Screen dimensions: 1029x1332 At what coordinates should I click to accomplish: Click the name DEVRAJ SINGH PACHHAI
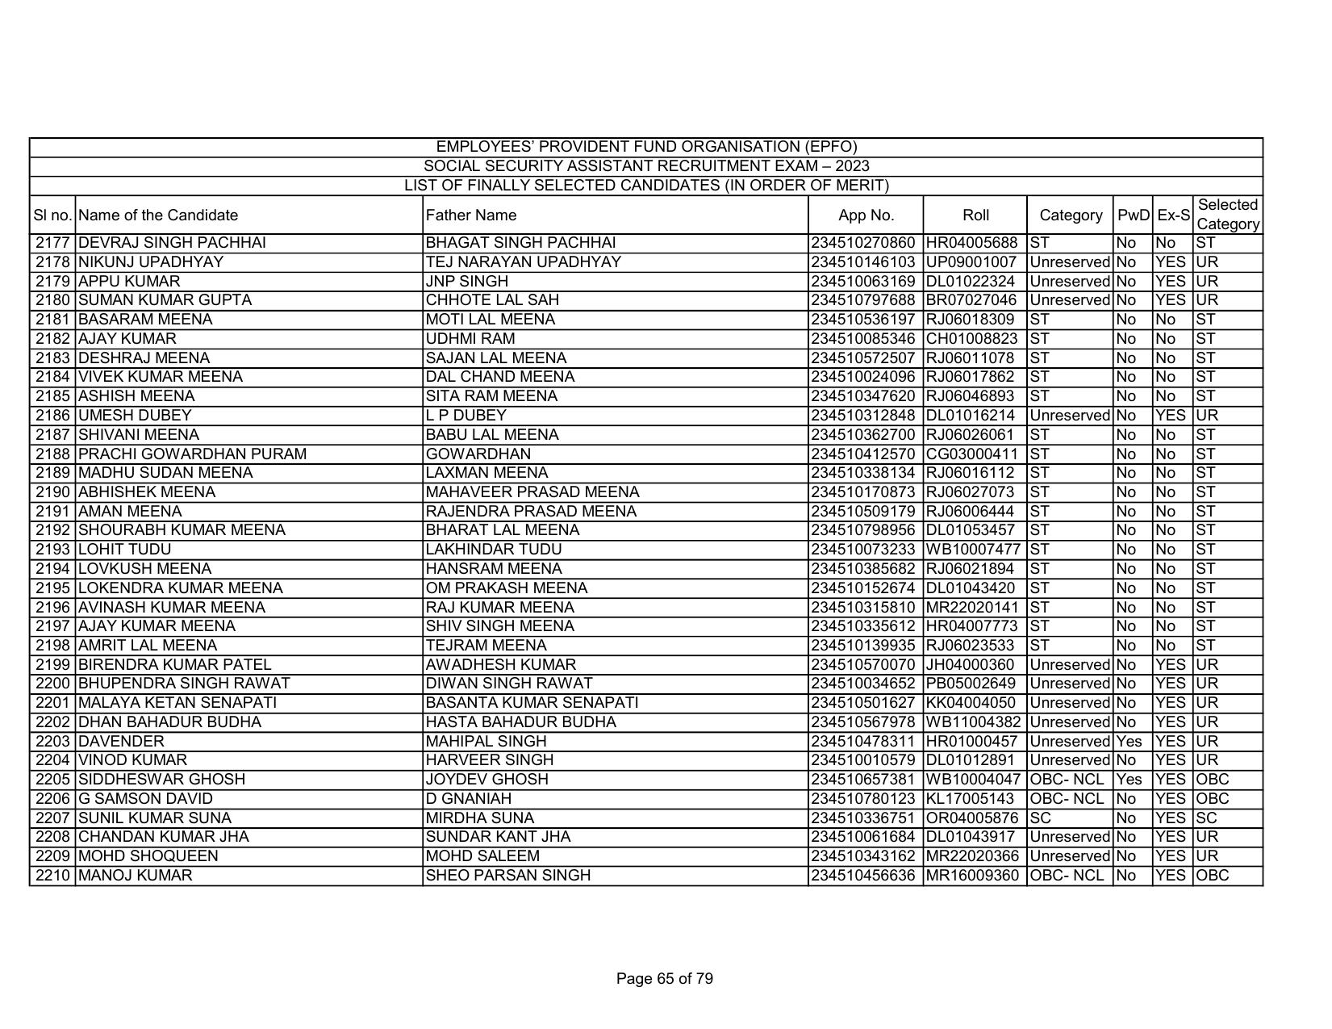tap(173, 243)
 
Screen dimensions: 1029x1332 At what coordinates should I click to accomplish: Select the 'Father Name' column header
tap(471, 215)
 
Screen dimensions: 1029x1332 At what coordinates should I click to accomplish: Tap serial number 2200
tap(53, 684)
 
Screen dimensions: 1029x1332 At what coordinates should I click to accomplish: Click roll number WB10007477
tap(973, 550)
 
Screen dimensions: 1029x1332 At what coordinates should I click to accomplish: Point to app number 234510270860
tap(864, 243)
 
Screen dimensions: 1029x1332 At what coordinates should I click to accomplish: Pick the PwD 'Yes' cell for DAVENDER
tap(1129, 741)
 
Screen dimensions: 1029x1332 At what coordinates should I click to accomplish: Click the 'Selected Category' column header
tap(1227, 215)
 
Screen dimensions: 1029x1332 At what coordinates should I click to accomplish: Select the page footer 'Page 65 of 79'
tap(664, 979)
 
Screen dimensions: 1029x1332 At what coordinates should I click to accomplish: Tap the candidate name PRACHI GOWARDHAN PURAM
tap(193, 454)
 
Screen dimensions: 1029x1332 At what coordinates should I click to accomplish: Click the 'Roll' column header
tap(975, 215)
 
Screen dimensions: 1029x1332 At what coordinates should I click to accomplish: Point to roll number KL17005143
tap(971, 799)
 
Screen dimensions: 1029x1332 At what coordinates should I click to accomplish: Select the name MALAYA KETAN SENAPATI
tap(177, 703)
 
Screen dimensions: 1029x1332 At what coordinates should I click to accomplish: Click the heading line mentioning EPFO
tap(646, 147)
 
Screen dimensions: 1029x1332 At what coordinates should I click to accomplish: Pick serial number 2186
tap(53, 416)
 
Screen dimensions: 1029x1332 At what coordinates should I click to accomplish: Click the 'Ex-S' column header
tap(1173, 215)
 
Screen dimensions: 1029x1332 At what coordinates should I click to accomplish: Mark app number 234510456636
tap(864, 876)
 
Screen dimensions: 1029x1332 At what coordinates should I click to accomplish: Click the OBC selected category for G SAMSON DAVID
tap(1213, 799)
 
